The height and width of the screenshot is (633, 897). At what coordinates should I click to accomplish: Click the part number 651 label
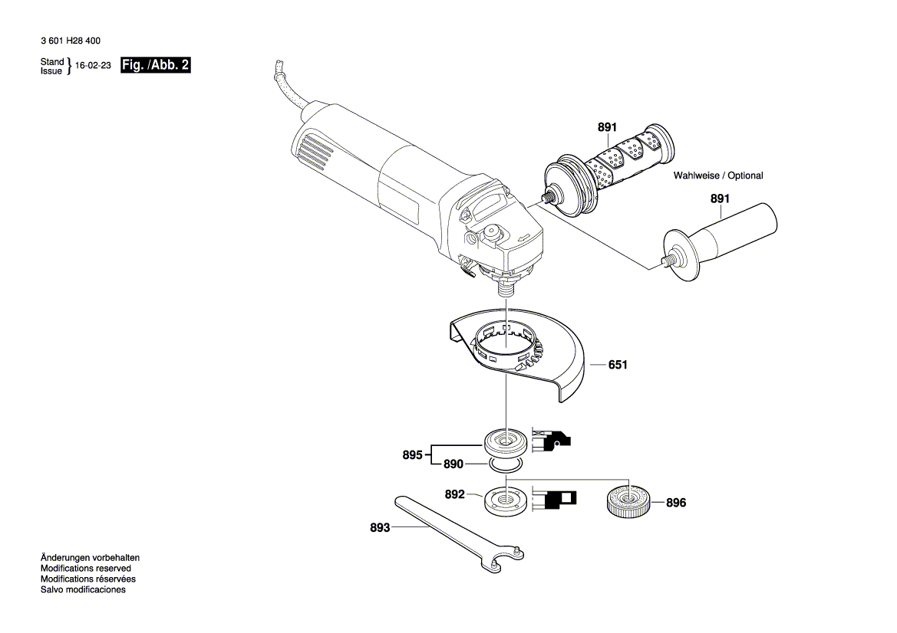(x=618, y=365)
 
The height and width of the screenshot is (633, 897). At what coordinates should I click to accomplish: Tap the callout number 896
(x=675, y=503)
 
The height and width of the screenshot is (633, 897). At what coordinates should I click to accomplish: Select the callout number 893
(x=380, y=528)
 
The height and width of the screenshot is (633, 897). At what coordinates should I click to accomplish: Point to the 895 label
(x=413, y=455)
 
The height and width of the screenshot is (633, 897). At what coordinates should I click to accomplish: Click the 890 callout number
(x=453, y=464)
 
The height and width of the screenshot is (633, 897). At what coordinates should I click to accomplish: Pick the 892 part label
(x=455, y=494)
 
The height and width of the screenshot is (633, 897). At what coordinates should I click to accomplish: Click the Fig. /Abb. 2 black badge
(x=155, y=65)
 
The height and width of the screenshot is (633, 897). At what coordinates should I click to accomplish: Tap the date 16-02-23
(x=94, y=66)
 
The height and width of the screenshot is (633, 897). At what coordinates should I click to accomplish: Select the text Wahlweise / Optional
(x=718, y=176)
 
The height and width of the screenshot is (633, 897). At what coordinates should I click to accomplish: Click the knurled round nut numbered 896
(x=628, y=503)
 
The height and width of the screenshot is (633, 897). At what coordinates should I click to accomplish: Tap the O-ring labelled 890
(x=506, y=465)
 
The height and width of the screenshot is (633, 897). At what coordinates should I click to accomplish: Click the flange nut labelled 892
(x=505, y=501)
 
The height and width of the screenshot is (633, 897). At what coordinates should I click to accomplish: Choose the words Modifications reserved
(x=86, y=569)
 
